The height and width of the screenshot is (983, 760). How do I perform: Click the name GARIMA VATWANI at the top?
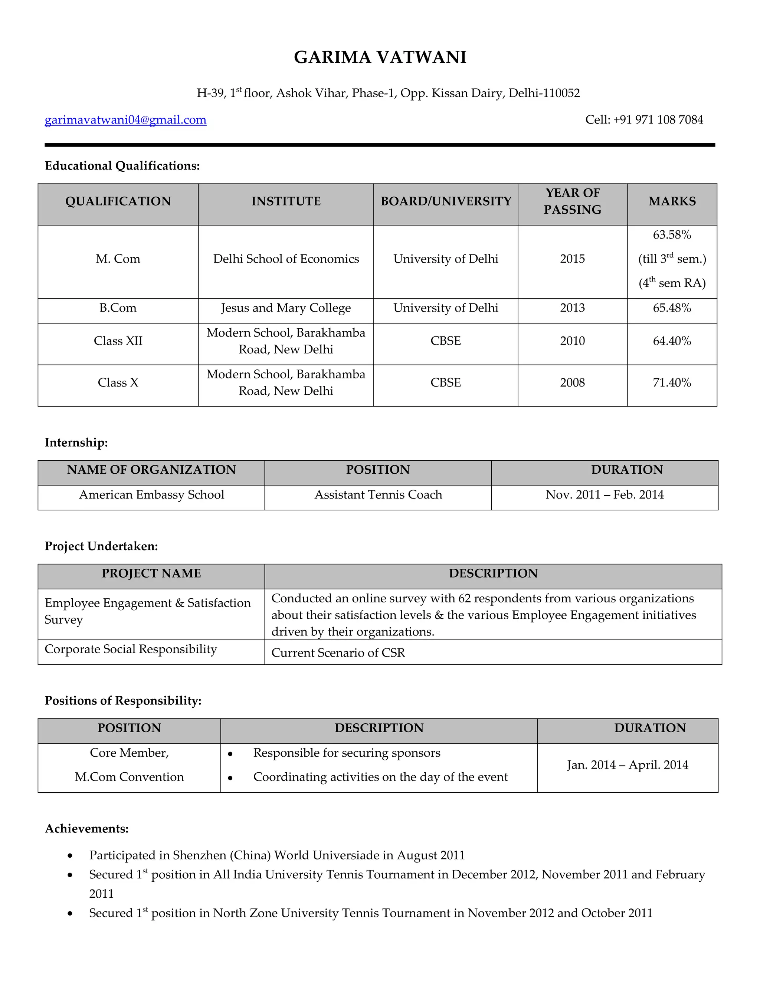tap(380, 57)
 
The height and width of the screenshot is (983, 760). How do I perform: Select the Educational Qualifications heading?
tap(122, 166)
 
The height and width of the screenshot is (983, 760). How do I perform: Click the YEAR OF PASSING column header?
tap(572, 201)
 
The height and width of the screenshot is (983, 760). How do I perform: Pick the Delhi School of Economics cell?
tap(286, 259)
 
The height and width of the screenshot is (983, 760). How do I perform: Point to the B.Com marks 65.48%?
tap(672, 308)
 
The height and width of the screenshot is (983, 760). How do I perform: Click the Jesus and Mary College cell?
tap(286, 308)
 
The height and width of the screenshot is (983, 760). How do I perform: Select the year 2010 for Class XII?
tap(572, 341)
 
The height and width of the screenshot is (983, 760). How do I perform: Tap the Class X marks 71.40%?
tap(672, 382)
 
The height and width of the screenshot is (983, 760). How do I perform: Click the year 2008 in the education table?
tap(572, 382)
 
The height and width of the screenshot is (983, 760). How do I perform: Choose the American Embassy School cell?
tap(152, 494)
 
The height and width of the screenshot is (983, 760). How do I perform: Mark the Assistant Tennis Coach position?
tap(378, 494)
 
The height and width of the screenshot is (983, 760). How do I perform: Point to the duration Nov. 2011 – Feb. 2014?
tap(605, 494)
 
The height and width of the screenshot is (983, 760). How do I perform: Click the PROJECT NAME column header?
tap(151, 573)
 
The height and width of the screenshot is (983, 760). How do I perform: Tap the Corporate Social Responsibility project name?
tap(131, 649)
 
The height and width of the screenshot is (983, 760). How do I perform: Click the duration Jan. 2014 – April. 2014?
tap(628, 765)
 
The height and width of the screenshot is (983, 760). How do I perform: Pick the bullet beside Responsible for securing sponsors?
tap(230, 754)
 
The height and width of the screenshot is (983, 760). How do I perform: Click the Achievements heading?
tap(87, 829)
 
